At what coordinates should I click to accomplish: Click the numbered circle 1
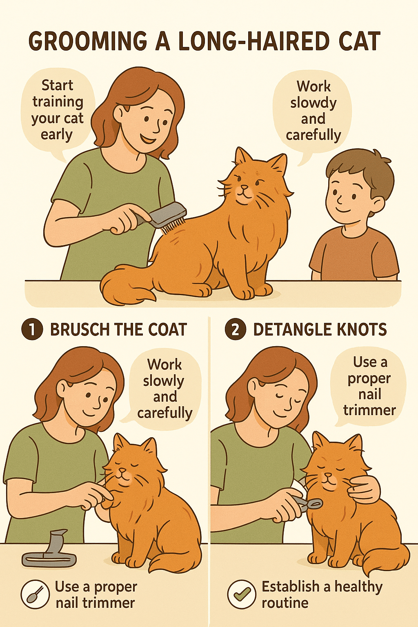32,329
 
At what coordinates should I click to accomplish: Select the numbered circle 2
236,329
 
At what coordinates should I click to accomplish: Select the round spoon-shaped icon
35,594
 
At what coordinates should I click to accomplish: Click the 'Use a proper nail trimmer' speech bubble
369,387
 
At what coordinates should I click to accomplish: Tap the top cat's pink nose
244,187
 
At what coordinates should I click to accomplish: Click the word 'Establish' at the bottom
290,587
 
